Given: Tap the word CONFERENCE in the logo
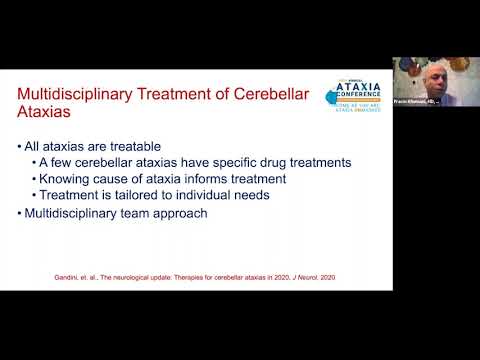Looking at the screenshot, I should click(x=361, y=101).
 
